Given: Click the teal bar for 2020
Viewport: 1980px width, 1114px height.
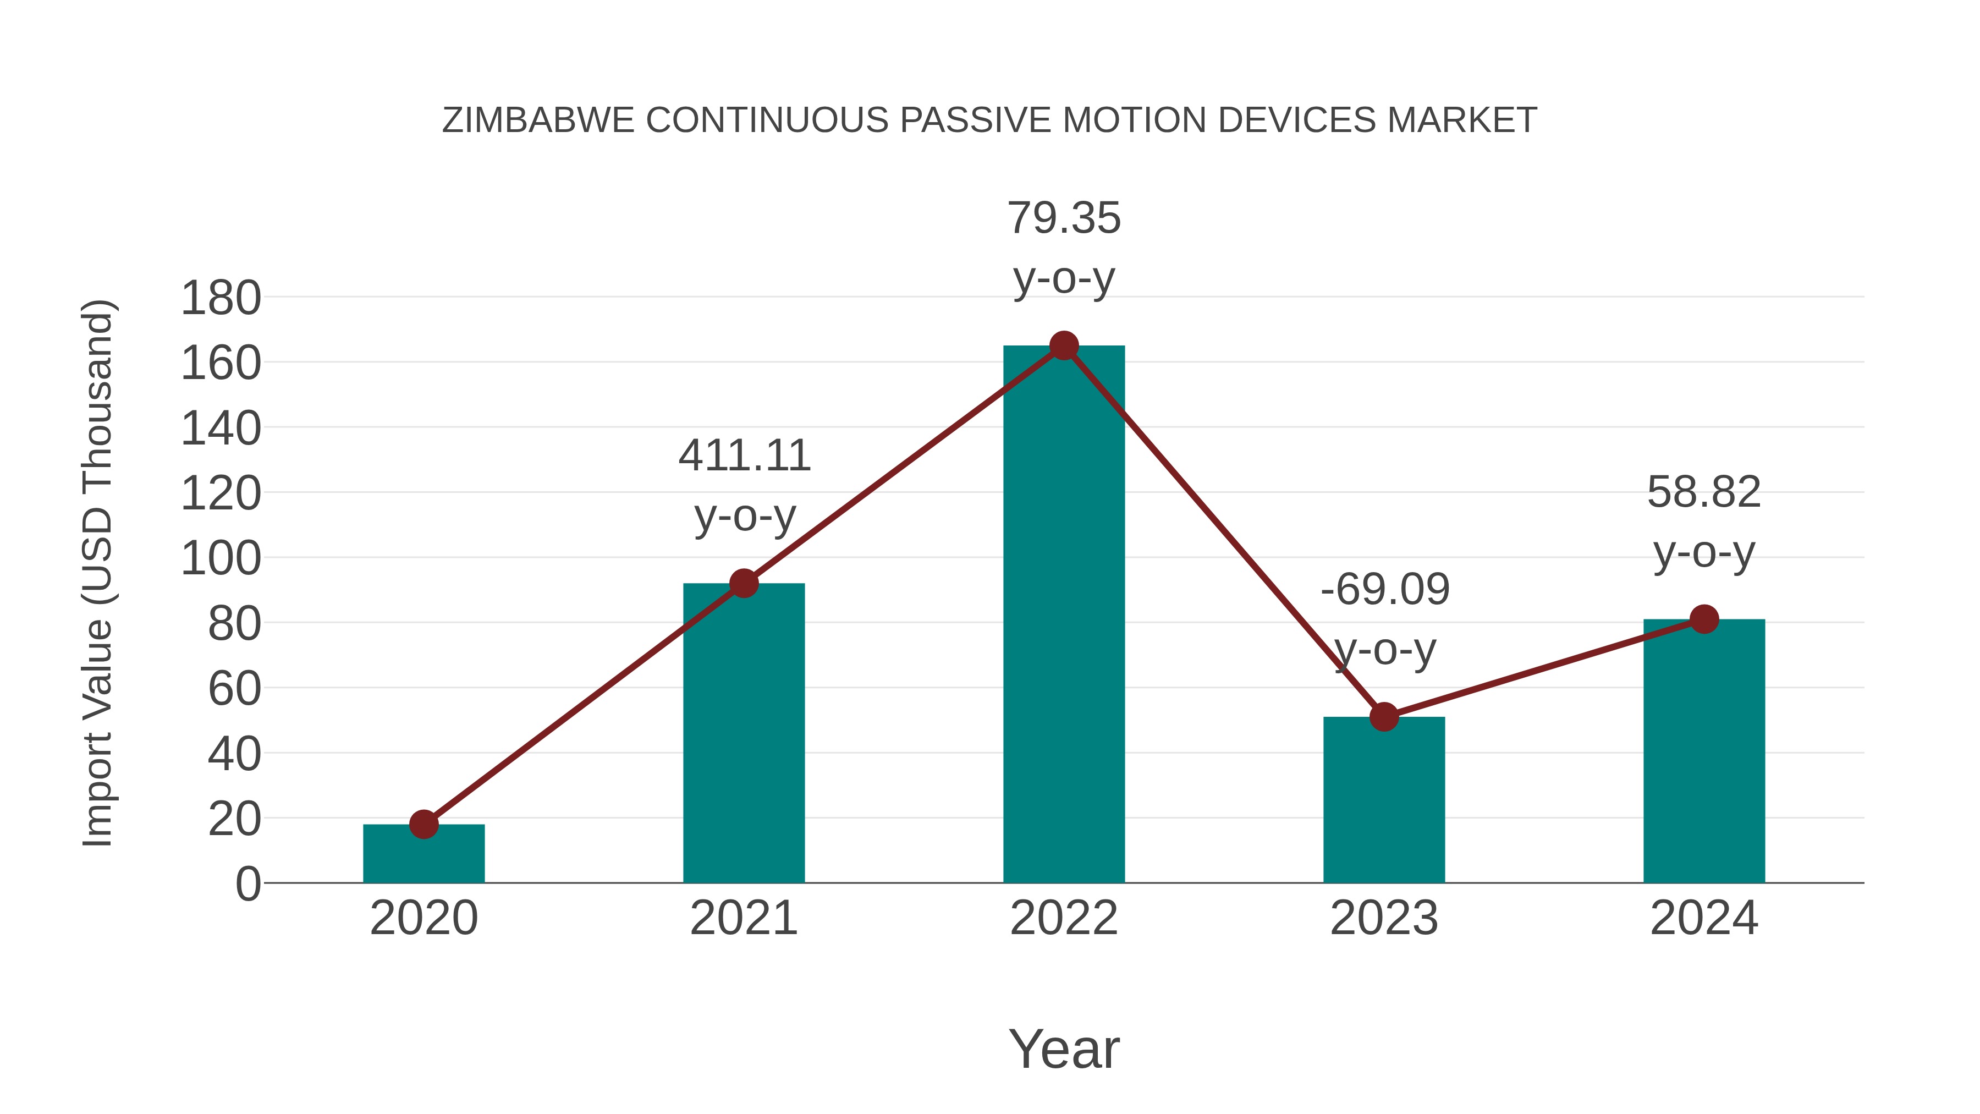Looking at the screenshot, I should [x=424, y=855].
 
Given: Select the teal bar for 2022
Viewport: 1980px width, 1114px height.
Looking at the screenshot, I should [x=1064, y=615].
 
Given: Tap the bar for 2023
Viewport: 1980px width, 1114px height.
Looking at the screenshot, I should [x=1384, y=799].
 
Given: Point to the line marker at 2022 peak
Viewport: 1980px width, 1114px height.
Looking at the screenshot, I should [x=1064, y=346].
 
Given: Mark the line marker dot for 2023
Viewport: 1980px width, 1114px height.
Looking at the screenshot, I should [x=1384, y=716].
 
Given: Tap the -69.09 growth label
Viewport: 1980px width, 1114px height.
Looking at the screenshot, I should [x=1385, y=619].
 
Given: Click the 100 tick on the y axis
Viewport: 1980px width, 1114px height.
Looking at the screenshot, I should [x=221, y=559].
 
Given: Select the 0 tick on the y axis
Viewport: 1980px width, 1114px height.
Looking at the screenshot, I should [x=248, y=884].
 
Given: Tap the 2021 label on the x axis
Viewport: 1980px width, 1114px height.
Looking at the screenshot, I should [x=744, y=918].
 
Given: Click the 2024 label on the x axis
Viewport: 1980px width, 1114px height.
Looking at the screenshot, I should [x=1704, y=918].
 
